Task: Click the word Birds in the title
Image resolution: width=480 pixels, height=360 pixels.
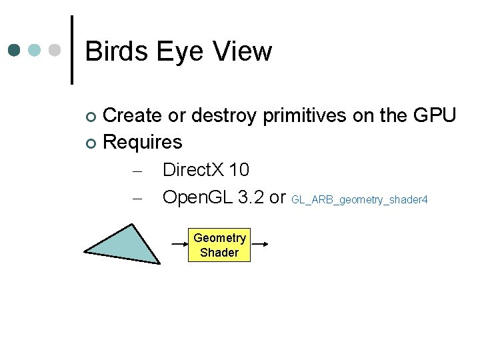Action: [117, 51]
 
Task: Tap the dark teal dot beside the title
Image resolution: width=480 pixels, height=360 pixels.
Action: [15, 51]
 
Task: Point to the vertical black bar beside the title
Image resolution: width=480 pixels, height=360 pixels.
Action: [71, 50]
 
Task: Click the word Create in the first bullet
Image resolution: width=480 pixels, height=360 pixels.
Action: [133, 115]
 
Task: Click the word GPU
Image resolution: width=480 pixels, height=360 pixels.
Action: [434, 115]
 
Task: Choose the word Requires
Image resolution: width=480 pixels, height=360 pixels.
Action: [143, 142]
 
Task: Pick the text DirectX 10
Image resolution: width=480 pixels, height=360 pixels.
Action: [205, 169]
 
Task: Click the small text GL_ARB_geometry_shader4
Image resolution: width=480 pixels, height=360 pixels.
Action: [359, 199]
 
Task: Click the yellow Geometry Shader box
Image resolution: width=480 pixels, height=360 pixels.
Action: [219, 245]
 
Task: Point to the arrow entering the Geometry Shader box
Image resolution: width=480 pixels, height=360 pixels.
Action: [179, 245]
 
